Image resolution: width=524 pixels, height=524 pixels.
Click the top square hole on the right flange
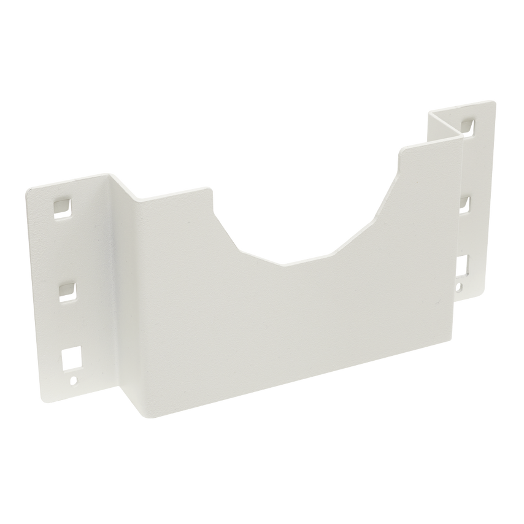point(469,125)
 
